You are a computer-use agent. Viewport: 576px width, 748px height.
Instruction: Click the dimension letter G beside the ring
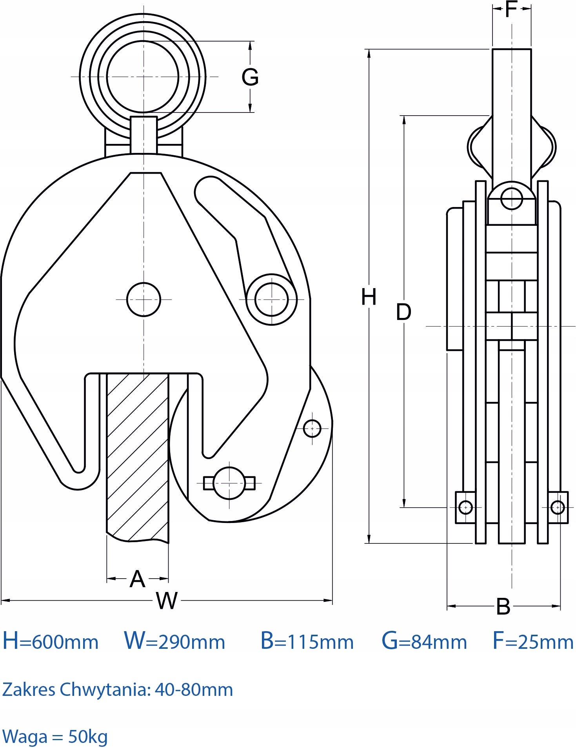coord(250,77)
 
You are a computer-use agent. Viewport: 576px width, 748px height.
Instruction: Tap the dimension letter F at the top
coord(511,9)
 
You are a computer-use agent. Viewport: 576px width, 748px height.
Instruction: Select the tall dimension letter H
coord(369,297)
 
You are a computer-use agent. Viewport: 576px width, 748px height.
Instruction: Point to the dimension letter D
coord(403,312)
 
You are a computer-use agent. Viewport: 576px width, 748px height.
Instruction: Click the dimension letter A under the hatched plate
coord(137,579)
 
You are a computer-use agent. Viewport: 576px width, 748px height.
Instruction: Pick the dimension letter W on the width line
coord(167,600)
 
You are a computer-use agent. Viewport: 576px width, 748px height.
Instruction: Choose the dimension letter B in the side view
coord(503,606)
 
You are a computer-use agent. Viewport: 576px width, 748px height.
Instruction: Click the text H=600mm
coord(50,641)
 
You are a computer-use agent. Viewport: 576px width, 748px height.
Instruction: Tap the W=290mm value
coord(174,641)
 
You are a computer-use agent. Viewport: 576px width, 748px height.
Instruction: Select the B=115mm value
coord(307,641)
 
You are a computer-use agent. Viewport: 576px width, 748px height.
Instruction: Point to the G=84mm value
coord(424,641)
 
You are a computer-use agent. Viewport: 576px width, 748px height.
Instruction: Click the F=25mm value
coord(533,641)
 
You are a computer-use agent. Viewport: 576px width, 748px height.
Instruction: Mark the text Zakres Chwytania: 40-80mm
coord(118,690)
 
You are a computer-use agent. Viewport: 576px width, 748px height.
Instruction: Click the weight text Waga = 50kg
coord(55,737)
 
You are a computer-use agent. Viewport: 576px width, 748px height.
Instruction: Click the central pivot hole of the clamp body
coord(144,300)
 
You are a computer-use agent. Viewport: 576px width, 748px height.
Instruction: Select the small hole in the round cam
coord(312,428)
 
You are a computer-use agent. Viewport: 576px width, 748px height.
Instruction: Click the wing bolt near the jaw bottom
coord(229,483)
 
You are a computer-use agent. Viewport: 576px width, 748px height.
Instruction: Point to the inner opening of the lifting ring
coord(143,77)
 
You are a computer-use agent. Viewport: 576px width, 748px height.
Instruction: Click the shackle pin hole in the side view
coord(512,198)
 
